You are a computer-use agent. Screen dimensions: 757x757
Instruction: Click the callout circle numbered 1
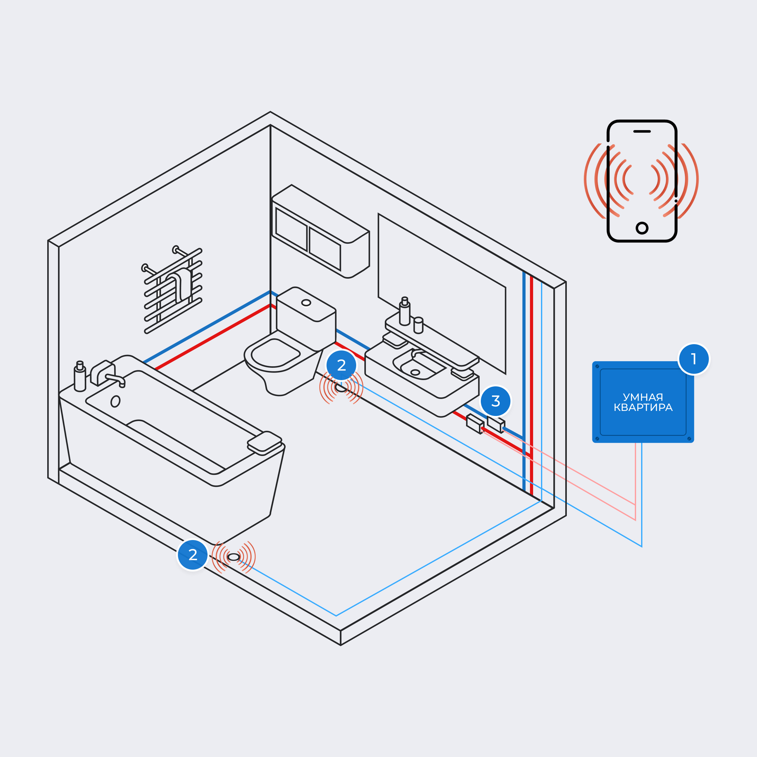click(693, 359)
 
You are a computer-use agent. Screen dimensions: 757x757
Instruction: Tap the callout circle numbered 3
click(496, 401)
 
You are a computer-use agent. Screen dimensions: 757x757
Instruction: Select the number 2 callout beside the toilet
click(341, 365)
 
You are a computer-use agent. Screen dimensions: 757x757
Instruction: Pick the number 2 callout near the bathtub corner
click(192, 555)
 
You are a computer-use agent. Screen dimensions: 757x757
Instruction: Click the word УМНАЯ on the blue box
click(643, 397)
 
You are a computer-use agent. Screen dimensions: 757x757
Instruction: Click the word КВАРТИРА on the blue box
click(643, 407)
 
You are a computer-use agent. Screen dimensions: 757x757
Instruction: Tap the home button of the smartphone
click(642, 228)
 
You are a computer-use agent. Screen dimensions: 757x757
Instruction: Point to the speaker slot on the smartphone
click(642, 132)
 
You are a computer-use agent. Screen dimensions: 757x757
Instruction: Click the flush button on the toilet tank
click(306, 303)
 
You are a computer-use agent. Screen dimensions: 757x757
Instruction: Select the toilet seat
click(275, 353)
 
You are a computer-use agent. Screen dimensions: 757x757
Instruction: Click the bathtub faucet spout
click(116, 378)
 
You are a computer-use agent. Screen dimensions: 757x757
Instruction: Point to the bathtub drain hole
click(115, 401)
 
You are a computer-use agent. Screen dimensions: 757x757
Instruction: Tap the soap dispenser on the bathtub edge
click(80, 378)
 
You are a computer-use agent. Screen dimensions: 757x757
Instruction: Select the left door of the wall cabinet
click(291, 229)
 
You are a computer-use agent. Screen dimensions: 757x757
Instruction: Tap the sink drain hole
click(415, 372)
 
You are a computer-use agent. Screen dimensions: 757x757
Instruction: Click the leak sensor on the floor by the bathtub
click(234, 557)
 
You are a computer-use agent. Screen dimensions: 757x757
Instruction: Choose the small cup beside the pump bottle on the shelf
click(418, 325)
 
